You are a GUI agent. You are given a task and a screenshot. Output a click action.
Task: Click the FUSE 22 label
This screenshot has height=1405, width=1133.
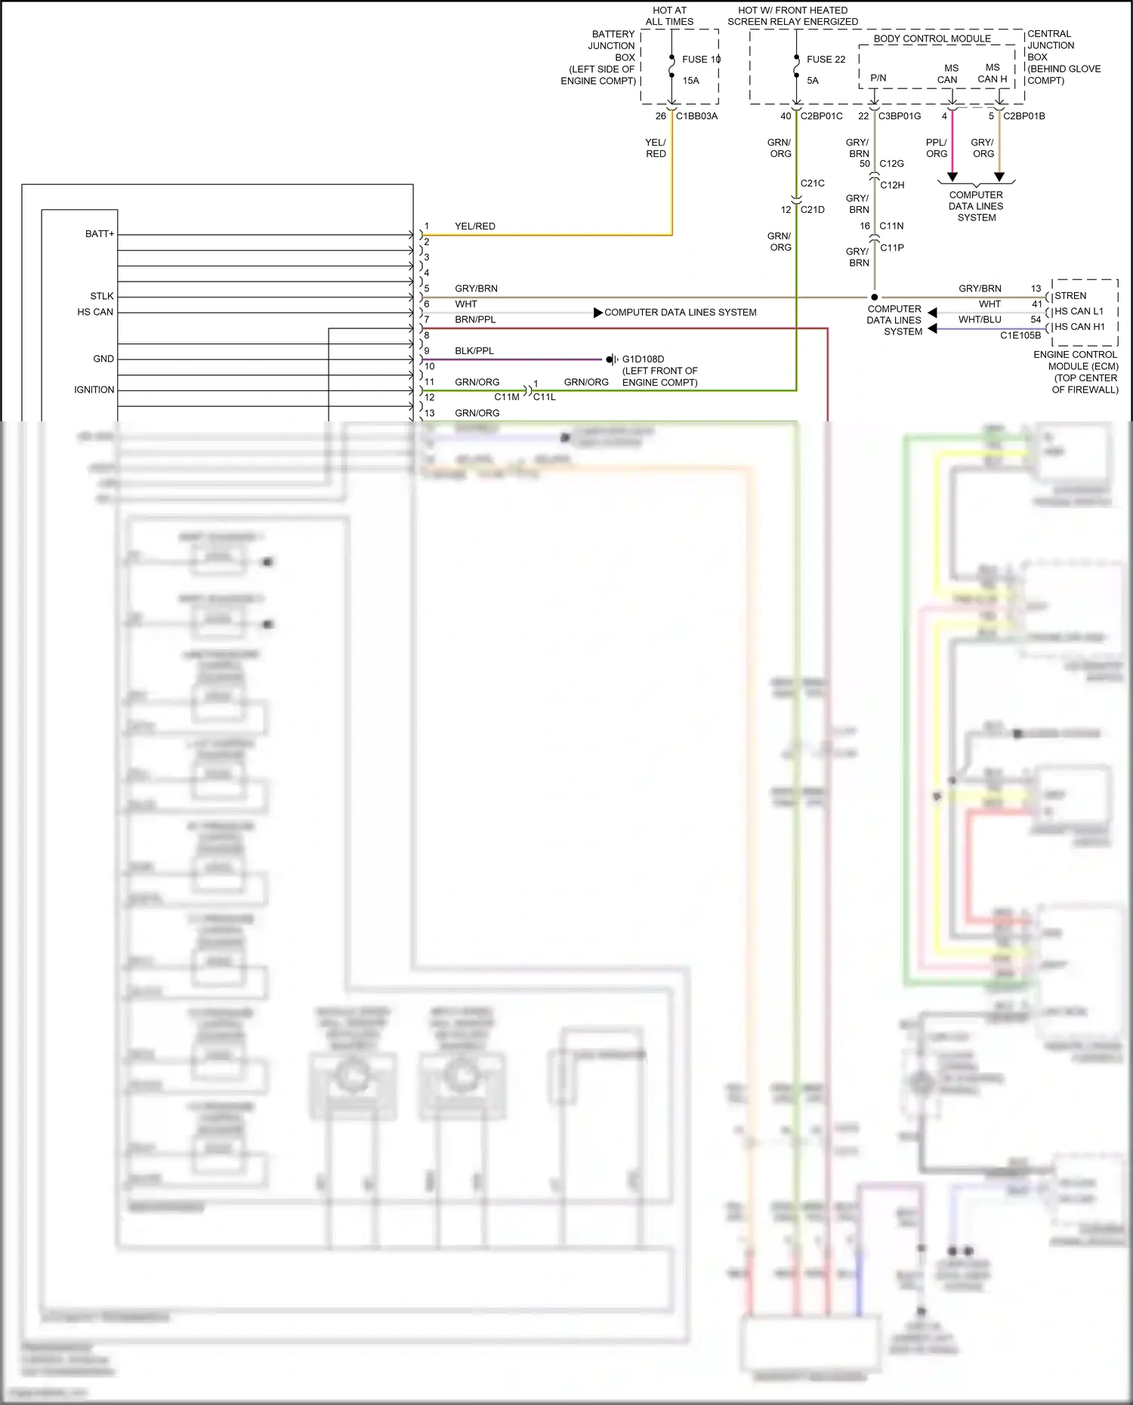coord(826,59)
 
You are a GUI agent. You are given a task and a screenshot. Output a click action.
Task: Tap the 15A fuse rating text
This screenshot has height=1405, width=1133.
coord(690,80)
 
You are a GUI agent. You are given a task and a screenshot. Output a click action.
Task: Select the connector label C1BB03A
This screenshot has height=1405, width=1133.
coord(696,116)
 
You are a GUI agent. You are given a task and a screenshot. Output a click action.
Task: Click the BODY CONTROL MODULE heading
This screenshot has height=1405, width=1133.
coord(932,39)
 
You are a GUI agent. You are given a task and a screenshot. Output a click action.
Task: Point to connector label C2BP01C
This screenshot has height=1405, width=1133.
coord(821,116)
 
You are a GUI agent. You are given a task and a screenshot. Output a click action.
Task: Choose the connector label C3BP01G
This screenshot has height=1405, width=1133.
coord(900,116)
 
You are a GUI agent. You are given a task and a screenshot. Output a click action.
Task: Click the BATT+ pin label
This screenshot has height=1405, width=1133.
coord(100,234)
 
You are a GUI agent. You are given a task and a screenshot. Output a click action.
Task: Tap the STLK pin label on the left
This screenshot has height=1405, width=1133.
coord(102,296)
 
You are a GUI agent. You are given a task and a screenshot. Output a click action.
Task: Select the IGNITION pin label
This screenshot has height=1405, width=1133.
coord(94,390)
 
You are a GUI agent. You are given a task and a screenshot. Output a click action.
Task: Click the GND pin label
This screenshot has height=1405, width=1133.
coord(103,359)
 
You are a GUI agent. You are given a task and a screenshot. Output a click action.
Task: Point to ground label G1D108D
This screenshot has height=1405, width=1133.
coord(643,359)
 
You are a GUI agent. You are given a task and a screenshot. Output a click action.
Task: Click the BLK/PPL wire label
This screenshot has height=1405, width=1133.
coord(474,351)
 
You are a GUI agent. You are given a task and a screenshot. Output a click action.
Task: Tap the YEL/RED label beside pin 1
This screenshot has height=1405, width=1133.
coord(475,226)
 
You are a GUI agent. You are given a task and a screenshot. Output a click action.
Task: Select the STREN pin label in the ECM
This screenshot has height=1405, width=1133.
coord(1070,296)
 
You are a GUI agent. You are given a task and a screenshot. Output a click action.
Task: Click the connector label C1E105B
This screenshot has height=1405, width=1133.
coord(1020,335)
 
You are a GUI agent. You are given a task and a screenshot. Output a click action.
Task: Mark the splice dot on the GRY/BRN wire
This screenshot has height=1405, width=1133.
coord(874,297)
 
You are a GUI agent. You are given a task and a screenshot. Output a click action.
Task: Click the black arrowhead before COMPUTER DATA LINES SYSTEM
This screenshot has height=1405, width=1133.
coord(598,313)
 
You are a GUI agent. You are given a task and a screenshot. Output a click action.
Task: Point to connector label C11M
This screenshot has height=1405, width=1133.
coord(507,397)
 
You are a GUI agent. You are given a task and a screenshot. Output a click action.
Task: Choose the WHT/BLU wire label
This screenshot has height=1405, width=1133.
coord(980,319)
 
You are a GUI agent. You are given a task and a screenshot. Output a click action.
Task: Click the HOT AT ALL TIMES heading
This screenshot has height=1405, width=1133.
coord(669,16)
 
